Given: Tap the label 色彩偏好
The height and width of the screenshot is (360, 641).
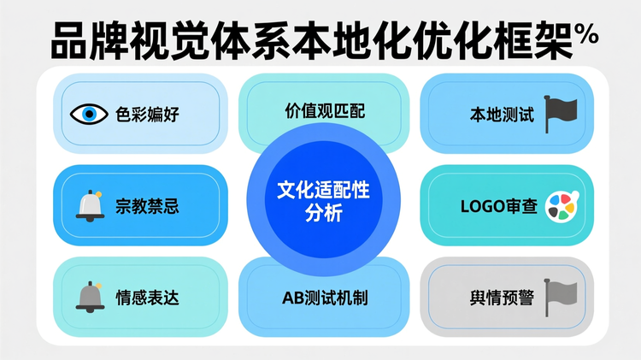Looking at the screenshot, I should (147, 115).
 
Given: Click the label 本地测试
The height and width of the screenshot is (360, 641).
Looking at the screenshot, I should (502, 115).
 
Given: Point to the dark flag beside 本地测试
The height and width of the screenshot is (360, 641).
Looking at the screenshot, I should (561, 110).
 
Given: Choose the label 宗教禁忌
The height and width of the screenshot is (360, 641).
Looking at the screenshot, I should (147, 206).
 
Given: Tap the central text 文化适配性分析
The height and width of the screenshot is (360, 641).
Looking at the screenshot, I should (321, 203).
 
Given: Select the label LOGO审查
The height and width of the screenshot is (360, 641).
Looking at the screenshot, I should (499, 206).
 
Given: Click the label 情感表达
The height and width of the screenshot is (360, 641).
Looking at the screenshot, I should (147, 298).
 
